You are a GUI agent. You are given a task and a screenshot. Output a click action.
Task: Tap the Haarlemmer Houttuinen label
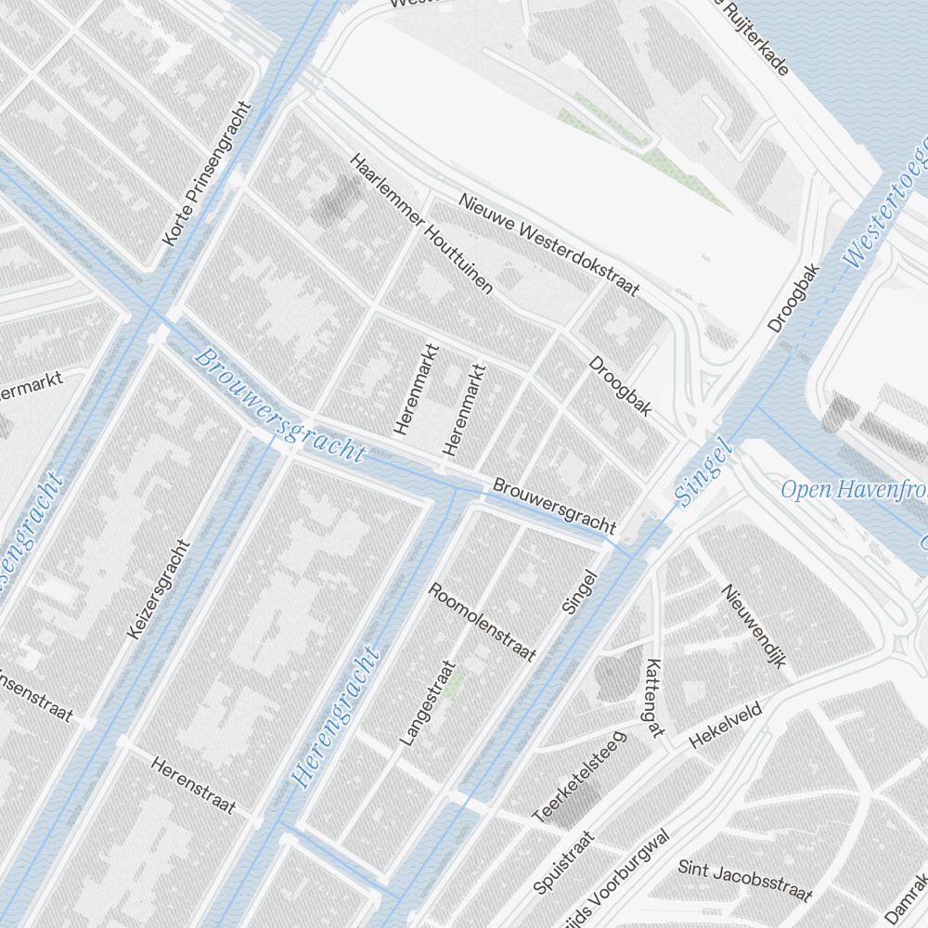click(420, 225)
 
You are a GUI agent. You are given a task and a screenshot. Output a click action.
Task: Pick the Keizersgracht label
click(158, 589)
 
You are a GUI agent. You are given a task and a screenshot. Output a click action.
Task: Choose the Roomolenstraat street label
click(482, 622)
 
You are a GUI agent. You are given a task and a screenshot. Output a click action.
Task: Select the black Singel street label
click(579, 592)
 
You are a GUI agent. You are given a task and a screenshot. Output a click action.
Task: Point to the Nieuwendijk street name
click(754, 626)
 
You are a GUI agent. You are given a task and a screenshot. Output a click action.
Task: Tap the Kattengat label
click(654, 698)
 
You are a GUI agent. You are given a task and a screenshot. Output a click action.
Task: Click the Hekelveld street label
click(725, 725)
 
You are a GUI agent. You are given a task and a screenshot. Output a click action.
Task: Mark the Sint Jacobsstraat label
click(745, 881)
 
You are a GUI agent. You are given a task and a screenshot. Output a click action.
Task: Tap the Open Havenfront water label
click(854, 489)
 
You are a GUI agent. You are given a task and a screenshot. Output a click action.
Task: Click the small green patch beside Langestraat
click(453, 685)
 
